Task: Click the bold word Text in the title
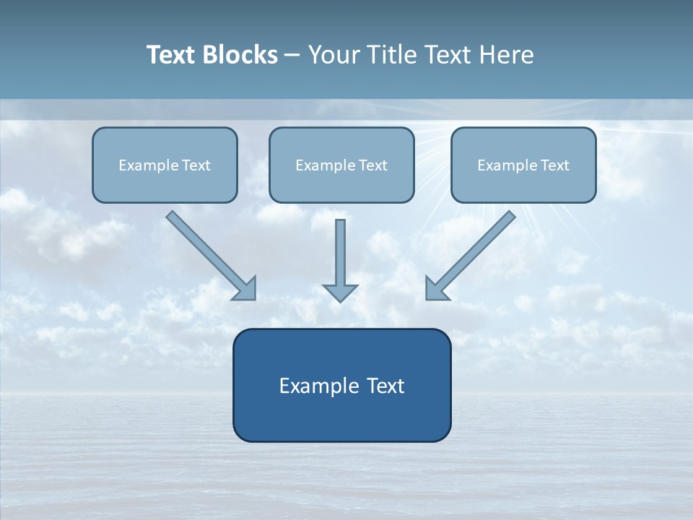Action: [x=170, y=55]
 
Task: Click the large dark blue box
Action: [x=341, y=415]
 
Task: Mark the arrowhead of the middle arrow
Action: [x=340, y=292]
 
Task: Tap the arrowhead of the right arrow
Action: [x=435, y=289]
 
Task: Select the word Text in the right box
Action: [x=555, y=165]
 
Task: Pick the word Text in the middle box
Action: [x=373, y=165]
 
